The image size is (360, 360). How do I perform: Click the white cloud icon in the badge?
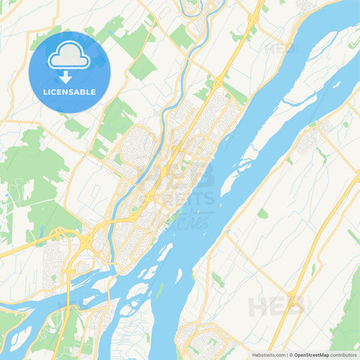(70, 56)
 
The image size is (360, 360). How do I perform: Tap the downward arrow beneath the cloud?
(70, 76)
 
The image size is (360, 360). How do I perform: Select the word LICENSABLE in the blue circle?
(70, 92)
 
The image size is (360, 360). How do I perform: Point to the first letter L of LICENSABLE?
(45, 92)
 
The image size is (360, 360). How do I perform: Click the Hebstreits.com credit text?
(265, 355)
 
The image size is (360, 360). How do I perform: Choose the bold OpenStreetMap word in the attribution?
(311, 355)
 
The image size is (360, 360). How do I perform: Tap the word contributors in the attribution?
(344, 355)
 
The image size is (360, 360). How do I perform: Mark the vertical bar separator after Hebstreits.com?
(288, 355)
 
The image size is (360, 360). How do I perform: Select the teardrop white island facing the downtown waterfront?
(165, 254)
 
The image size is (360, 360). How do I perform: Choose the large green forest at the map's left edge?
(27, 169)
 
